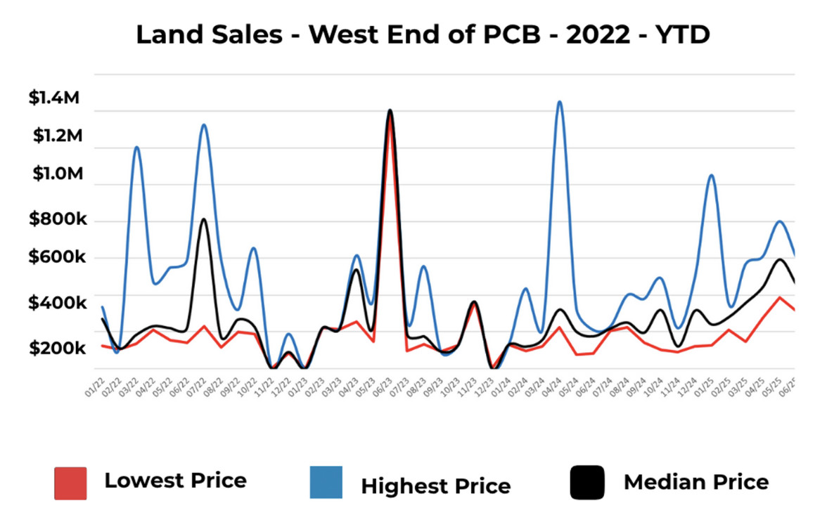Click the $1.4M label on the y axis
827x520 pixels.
54,98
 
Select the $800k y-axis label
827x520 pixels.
58,220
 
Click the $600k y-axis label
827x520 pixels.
58,258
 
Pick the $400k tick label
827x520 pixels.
58,304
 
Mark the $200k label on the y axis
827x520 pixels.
58,349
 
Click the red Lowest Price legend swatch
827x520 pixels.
70,483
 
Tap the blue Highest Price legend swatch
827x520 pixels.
326,483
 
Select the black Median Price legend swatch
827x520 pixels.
587,483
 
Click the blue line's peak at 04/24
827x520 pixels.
560,102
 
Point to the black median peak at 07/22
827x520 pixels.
203,219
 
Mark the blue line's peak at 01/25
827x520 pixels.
712,175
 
